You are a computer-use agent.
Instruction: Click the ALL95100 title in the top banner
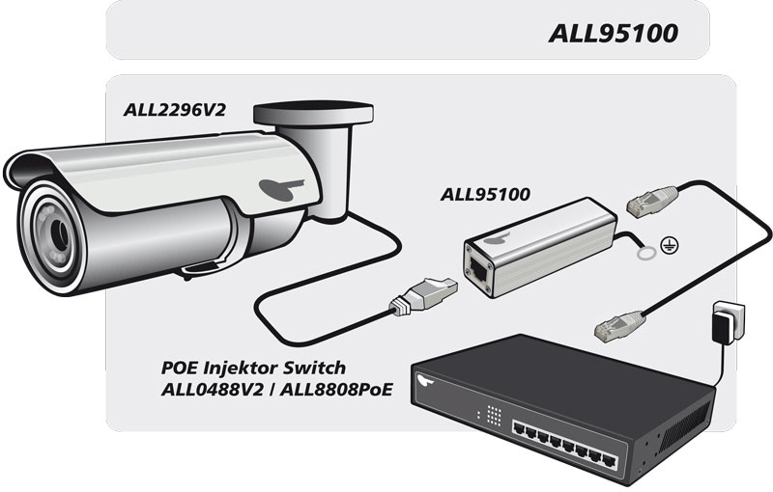click(x=613, y=33)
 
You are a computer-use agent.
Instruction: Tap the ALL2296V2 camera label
click(x=174, y=109)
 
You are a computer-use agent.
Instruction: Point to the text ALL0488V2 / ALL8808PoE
click(x=269, y=390)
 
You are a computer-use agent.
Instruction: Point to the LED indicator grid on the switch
click(x=494, y=415)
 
